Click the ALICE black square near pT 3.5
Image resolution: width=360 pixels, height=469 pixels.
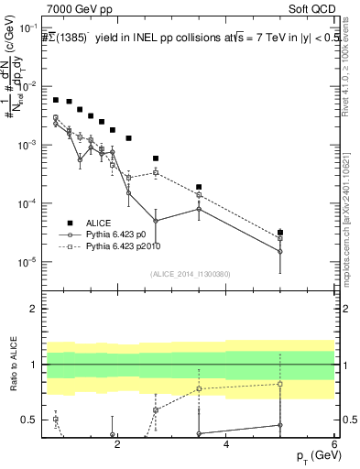pyautogui.click(x=199, y=187)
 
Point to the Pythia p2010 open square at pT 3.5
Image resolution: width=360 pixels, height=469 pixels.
pyautogui.click(x=199, y=194)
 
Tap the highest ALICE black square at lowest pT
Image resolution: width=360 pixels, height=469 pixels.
pyautogui.click(x=56, y=100)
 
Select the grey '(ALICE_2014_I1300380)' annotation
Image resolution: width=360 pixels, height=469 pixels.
pyautogui.click(x=190, y=273)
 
